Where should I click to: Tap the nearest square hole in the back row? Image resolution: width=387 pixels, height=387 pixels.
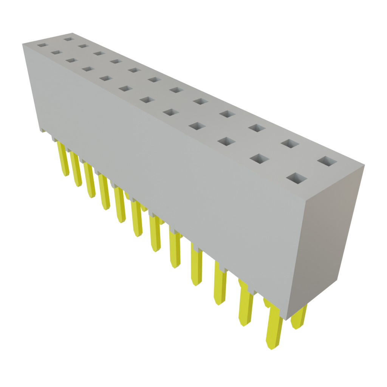click(x=327, y=161)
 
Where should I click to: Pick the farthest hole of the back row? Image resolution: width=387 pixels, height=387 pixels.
click(x=68, y=38)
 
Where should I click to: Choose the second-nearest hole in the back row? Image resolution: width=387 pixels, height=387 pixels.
click(x=290, y=144)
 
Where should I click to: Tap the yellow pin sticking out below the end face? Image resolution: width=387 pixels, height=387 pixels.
click(x=299, y=317)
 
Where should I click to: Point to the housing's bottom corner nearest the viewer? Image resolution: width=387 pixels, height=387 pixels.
click(x=287, y=319)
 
